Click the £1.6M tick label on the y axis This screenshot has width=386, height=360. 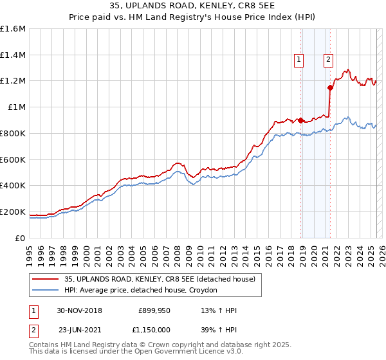(x=13, y=29)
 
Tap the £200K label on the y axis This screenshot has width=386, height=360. (x=13, y=212)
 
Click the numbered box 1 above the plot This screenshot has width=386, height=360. (x=299, y=60)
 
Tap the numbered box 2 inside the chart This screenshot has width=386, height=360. (x=328, y=60)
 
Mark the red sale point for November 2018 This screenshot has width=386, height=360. (x=300, y=120)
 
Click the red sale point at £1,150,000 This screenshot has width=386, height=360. (x=330, y=87)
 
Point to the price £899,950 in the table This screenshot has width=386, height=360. (x=154, y=310)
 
